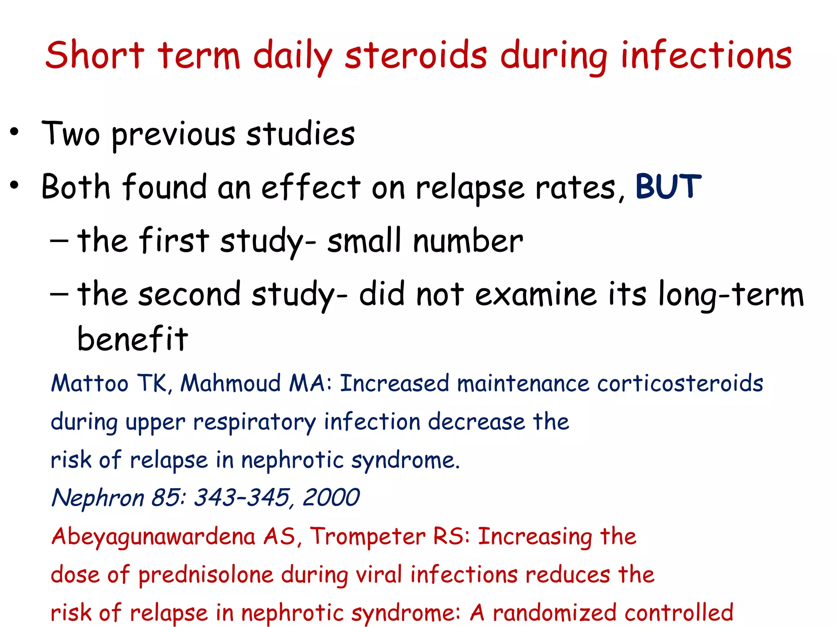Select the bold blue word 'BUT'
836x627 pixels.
pos(668,187)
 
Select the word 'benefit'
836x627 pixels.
pos(133,339)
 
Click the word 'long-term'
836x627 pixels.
pos(731,295)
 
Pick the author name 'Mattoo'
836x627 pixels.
pos(90,383)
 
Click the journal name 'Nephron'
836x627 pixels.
pos(98,498)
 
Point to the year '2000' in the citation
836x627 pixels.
pos(331,498)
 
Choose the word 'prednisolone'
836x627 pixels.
pos(206,575)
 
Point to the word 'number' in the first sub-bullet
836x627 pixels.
pos(468,241)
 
